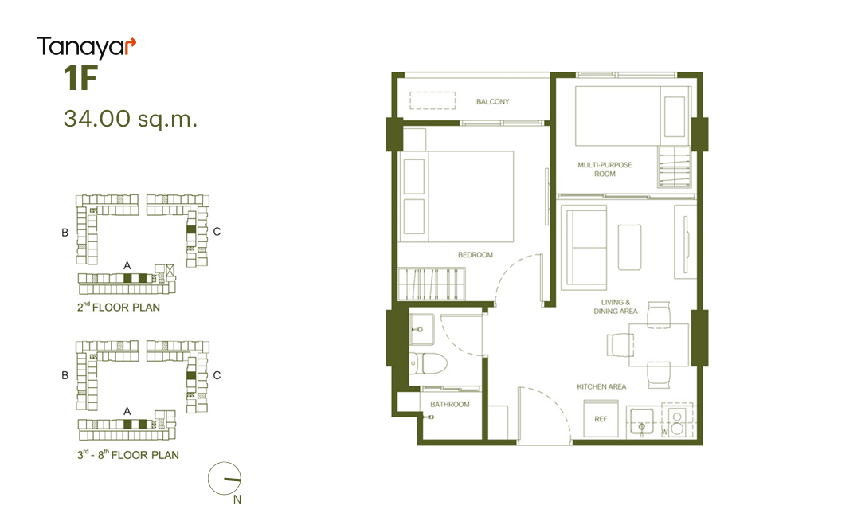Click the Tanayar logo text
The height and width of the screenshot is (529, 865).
coord(85,47)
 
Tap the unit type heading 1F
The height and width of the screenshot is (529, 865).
coord(80,78)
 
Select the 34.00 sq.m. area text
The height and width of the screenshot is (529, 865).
coord(130,119)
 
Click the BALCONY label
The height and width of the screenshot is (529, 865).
coord(492,101)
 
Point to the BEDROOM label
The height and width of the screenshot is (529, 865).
coord(475,255)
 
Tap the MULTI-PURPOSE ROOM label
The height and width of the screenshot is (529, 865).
coord(605,169)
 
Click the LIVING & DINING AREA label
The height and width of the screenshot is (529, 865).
coord(616,307)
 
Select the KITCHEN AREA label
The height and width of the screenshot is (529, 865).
coord(601,386)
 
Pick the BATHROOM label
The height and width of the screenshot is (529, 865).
coord(449,405)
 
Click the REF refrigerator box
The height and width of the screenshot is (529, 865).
coord(601,419)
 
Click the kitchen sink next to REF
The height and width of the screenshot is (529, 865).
coord(641,422)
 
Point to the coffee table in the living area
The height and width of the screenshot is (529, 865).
coord(629,247)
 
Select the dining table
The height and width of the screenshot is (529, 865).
coord(660,345)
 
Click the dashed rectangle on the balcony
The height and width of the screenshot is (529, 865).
coord(432,100)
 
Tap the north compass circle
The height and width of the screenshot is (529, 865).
coord(225,478)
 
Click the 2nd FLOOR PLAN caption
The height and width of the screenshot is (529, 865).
coord(119,307)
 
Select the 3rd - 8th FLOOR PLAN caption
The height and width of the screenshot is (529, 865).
coord(128,455)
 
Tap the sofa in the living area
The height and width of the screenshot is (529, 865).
coord(584,248)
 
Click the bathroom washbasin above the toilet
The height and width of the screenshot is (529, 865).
coord(421,329)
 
